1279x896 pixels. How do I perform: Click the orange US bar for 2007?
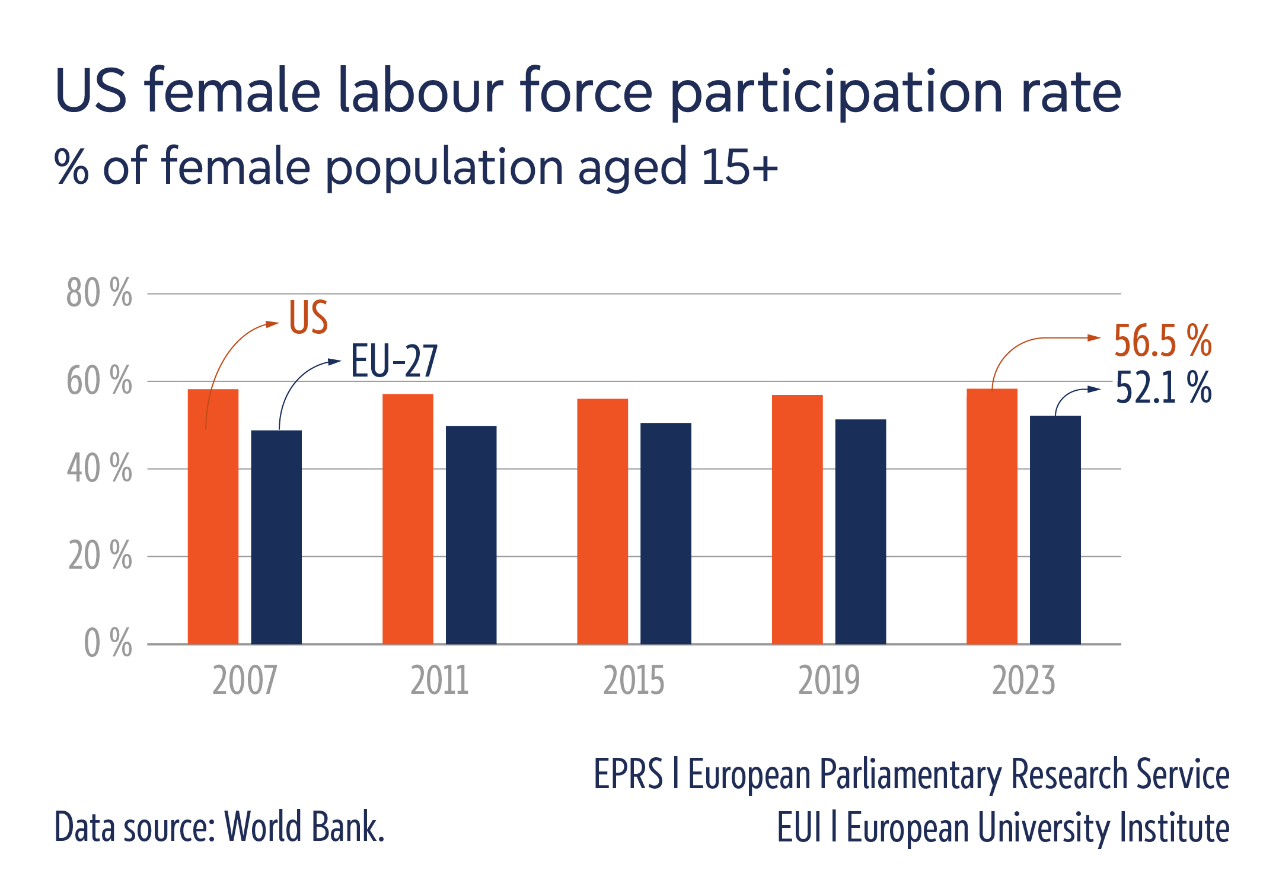pyautogui.click(x=213, y=516)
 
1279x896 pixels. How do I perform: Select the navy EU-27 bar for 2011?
pyautogui.click(x=471, y=534)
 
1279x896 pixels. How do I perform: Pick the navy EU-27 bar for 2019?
pyautogui.click(x=860, y=531)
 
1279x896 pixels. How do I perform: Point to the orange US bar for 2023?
pyautogui.click(x=991, y=516)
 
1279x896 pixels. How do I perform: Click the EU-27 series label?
pyautogui.click(x=394, y=361)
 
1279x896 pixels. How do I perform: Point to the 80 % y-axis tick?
pyautogui.click(x=99, y=293)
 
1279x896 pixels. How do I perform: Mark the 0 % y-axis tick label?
pyautogui.click(x=107, y=643)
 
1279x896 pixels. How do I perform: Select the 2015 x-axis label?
pyautogui.click(x=633, y=681)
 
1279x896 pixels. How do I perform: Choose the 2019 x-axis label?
pyautogui.click(x=828, y=681)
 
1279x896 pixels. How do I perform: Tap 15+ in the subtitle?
pyautogui.click(x=739, y=167)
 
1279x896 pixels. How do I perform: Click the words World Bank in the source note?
pyautogui.click(x=304, y=827)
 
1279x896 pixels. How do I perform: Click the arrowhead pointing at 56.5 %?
pyautogui.click(x=1094, y=337)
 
